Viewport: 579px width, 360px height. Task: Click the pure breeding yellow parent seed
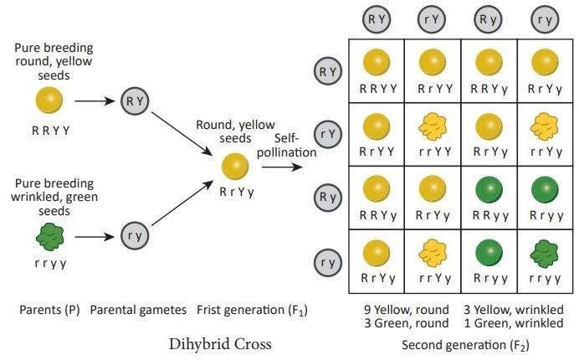click(49, 102)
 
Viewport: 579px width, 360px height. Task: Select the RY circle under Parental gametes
click(135, 102)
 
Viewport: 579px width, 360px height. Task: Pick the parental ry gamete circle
click(135, 236)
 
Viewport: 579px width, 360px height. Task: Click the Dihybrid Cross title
click(218, 343)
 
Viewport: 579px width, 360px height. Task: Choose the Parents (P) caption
click(51, 311)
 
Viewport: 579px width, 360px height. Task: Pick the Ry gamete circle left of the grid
click(327, 198)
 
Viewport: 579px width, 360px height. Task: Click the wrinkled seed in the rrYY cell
click(432, 126)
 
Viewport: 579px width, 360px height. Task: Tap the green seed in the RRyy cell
click(488, 189)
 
